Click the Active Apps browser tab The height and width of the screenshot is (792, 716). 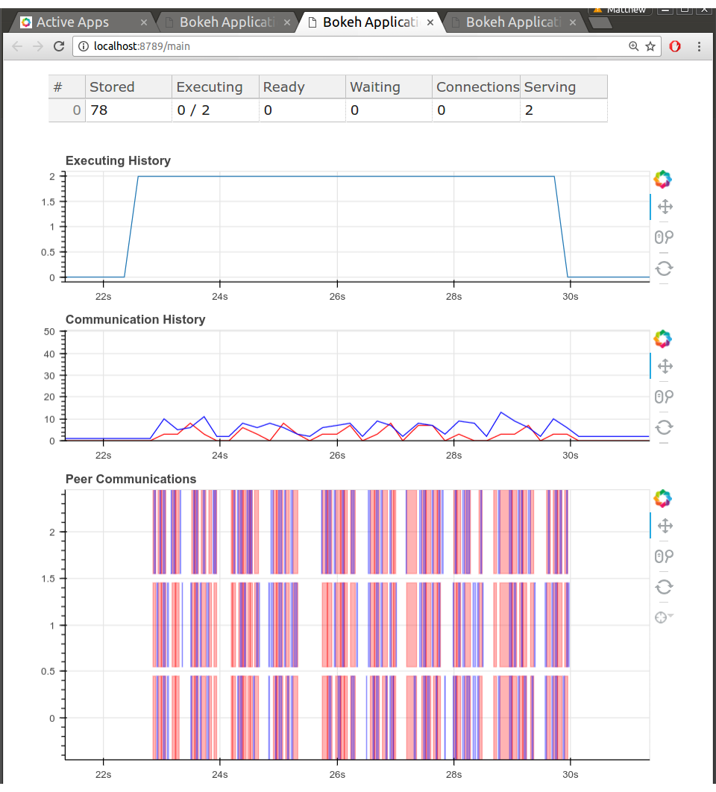click(x=72, y=22)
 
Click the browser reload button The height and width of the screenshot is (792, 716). click(x=59, y=46)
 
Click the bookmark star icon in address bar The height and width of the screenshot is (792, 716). click(x=650, y=46)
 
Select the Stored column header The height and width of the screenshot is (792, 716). click(x=112, y=87)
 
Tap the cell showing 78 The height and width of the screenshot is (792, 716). click(x=99, y=110)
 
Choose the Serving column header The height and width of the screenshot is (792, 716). click(x=550, y=87)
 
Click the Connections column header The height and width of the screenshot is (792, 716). click(x=477, y=87)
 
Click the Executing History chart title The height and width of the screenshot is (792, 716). click(x=118, y=160)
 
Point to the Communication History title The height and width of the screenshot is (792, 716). click(x=135, y=319)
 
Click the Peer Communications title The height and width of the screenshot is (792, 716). click(x=131, y=479)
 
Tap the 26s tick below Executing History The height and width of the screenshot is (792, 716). click(x=337, y=296)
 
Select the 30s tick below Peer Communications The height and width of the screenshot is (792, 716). click(x=571, y=774)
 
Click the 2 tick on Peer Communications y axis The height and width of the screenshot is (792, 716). click(x=52, y=532)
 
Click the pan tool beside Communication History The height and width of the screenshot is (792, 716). click(x=665, y=366)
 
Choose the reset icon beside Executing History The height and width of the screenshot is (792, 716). click(x=664, y=268)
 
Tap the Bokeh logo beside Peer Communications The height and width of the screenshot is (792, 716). click(x=662, y=497)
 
